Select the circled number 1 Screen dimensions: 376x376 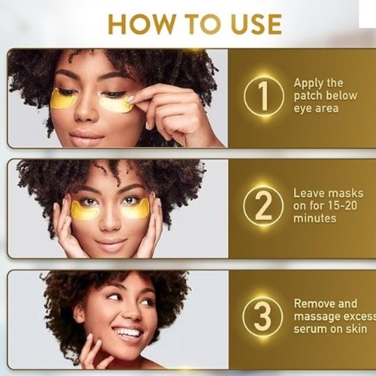pos(262,97)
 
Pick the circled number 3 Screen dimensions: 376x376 pos(262,317)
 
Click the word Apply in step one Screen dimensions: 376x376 pos(309,84)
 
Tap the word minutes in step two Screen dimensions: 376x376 pos(315,218)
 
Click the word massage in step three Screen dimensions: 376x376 pos(317,316)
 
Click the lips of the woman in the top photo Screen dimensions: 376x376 pos(86,137)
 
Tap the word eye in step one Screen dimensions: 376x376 pos(301,108)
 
